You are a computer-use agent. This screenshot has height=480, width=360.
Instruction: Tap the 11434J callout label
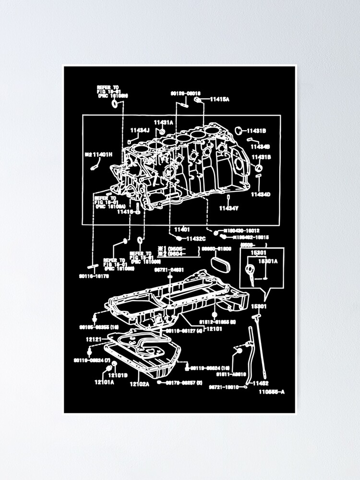[x=140, y=130]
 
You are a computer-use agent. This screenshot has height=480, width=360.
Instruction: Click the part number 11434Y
[x=228, y=208]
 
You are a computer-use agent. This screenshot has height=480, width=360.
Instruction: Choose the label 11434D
[x=261, y=194]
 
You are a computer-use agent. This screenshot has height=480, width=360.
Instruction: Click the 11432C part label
[x=196, y=239]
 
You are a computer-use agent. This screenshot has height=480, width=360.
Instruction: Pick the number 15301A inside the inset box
[x=268, y=262]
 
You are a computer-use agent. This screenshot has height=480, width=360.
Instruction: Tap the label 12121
[x=94, y=339]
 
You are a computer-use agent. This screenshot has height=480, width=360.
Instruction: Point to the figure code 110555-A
[x=272, y=392]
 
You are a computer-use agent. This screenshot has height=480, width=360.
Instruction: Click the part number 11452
[x=261, y=383]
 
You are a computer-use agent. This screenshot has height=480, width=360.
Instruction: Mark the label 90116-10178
[x=94, y=276]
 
